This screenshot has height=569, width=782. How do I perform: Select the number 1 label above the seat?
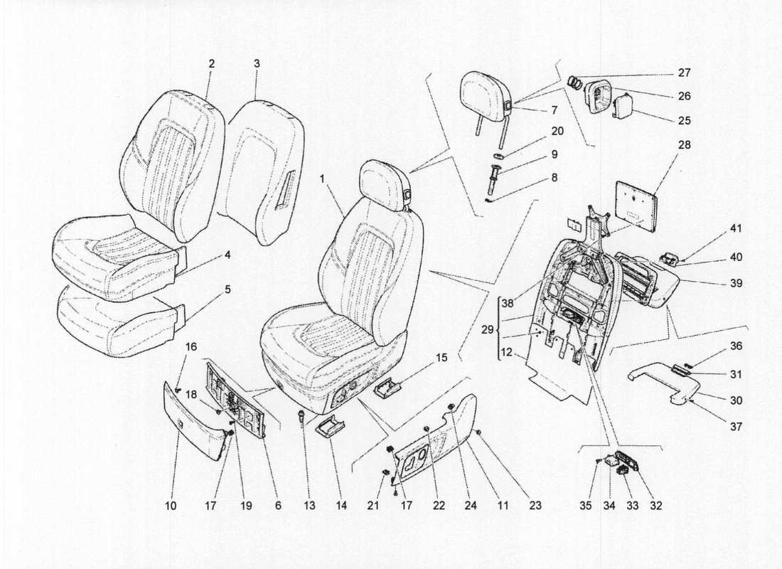tap(323, 181)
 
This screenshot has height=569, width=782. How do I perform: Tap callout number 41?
tap(735, 229)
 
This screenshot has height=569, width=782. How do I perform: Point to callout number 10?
tap(170, 506)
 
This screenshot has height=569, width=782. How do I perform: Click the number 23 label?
tap(535, 506)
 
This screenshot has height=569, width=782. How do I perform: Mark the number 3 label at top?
tap(257, 63)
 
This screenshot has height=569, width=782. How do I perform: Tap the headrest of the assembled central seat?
tap(384, 186)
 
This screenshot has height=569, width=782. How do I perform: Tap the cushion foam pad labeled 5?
tap(117, 324)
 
